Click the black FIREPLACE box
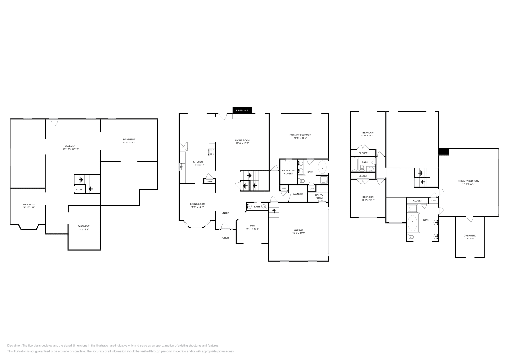click(242, 110)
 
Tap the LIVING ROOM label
click(242, 140)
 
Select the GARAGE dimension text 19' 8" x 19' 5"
click(298, 233)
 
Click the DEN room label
click(252, 225)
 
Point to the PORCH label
click(225, 238)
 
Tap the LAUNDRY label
click(298, 194)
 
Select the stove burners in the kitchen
click(212, 152)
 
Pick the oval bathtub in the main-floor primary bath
click(323, 167)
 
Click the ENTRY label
click(225, 213)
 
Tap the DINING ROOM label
click(197, 204)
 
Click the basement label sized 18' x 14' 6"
click(83, 226)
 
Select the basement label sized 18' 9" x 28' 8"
click(129, 139)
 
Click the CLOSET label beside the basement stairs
click(80, 189)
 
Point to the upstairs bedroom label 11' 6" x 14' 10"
click(368, 133)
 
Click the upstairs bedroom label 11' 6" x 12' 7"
click(368, 197)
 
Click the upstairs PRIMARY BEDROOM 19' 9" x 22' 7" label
click(469, 181)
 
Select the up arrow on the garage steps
click(274, 211)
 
